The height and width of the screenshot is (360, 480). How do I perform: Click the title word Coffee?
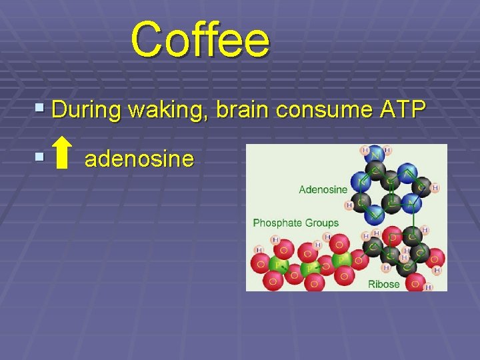point(200,39)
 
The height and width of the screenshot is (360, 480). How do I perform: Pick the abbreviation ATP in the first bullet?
point(401,109)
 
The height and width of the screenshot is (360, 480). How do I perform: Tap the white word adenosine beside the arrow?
point(139,159)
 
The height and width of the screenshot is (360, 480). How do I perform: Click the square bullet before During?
point(41,107)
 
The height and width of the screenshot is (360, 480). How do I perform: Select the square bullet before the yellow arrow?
point(41,157)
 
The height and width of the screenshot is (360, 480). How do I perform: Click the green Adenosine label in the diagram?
point(323,189)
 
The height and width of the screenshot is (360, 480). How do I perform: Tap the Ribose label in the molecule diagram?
point(383,284)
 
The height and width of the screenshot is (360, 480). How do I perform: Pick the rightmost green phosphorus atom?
point(343,257)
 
